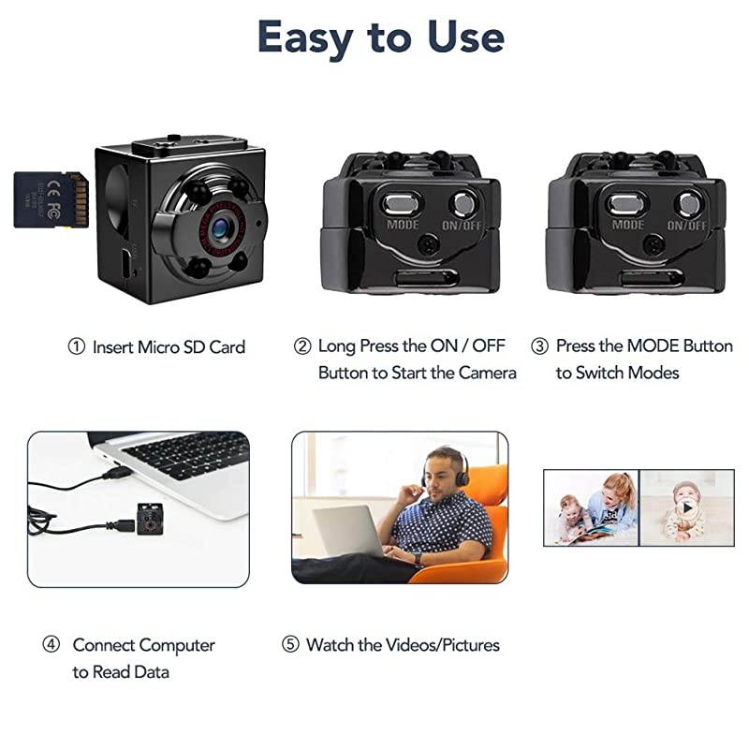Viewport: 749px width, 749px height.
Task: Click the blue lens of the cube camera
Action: pos(220,226)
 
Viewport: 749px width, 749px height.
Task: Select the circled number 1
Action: pos(76,346)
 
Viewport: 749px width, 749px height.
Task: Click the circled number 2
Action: pos(301,346)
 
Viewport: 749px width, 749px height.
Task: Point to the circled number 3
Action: pos(539,346)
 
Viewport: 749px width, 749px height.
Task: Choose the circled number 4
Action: pos(52,645)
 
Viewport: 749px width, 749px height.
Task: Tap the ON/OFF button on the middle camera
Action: pos(462,202)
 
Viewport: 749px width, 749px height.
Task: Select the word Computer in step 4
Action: pos(177,645)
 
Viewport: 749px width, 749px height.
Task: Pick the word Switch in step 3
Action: pos(601,373)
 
